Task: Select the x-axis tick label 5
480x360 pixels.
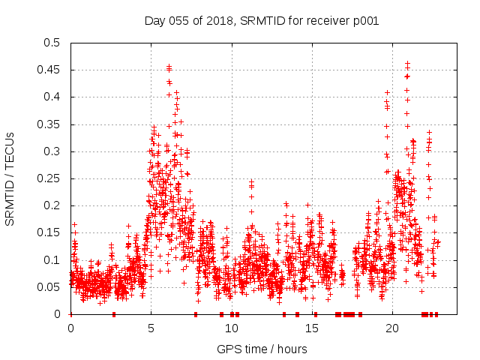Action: click(151, 328)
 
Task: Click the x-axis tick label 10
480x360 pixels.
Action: click(231, 328)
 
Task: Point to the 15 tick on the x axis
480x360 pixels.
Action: click(311, 328)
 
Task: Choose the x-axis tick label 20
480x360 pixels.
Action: click(391, 328)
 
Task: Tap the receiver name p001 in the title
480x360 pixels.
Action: click(364, 21)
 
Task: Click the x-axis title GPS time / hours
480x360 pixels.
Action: click(262, 349)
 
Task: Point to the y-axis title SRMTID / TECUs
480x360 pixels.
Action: click(10, 178)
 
